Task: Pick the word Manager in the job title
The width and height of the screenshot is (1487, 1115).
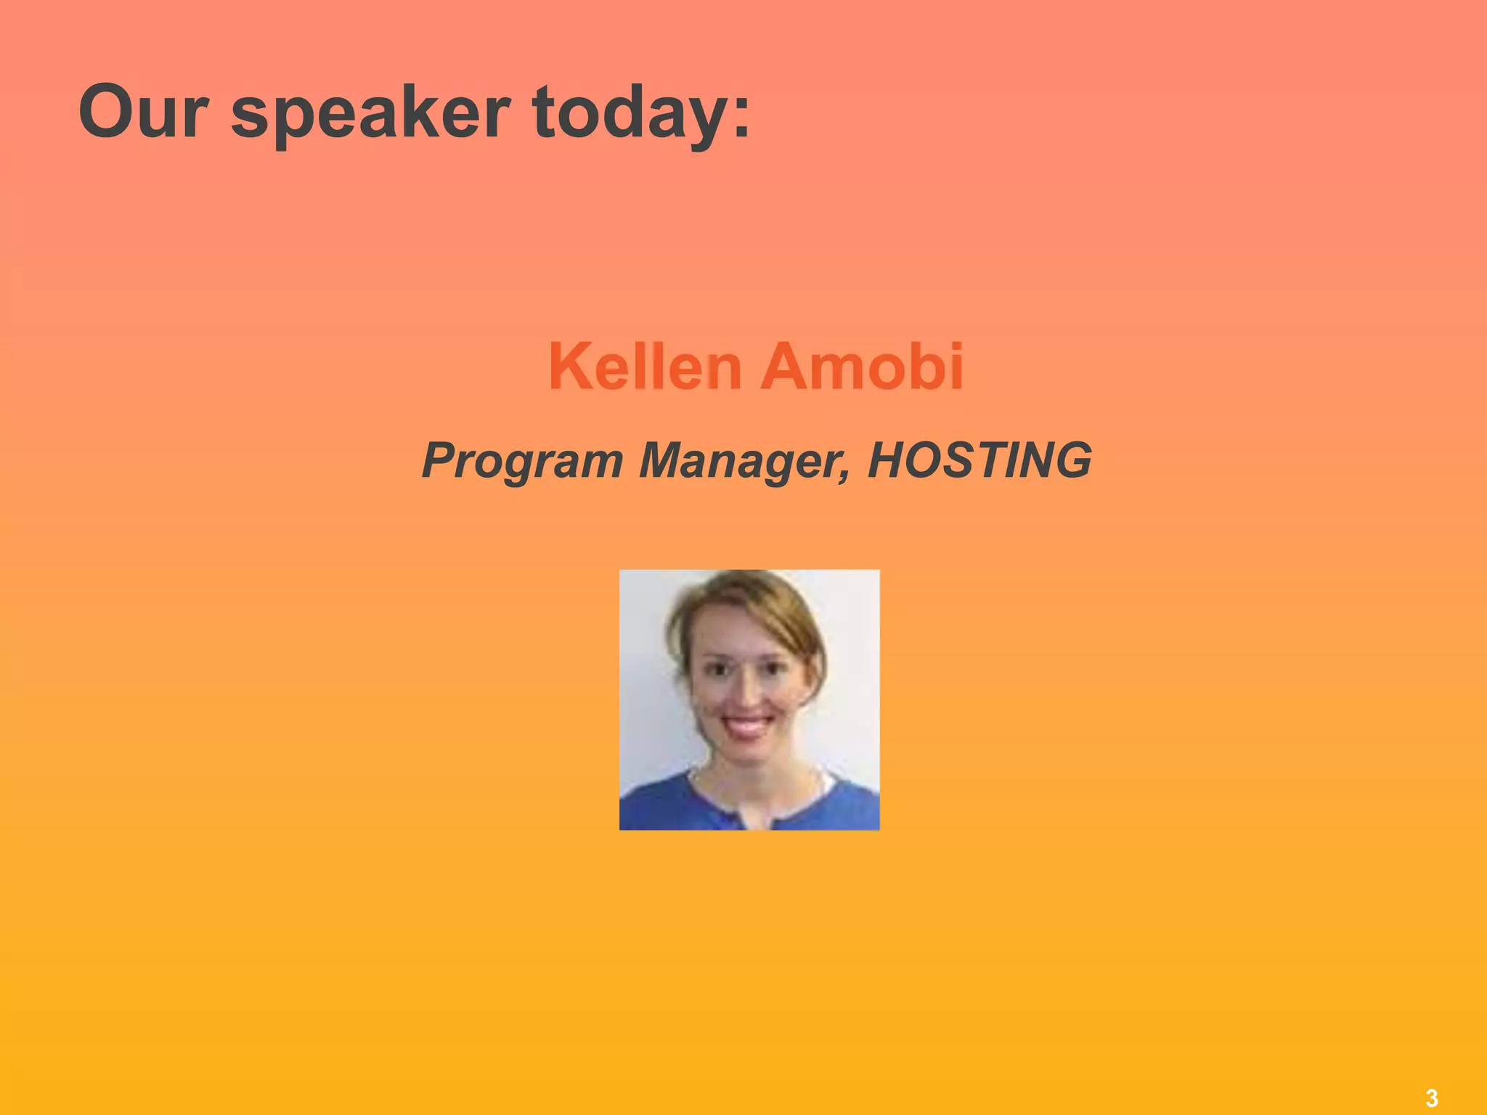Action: point(741,460)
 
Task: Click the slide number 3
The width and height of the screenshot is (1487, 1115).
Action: point(1431,1098)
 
